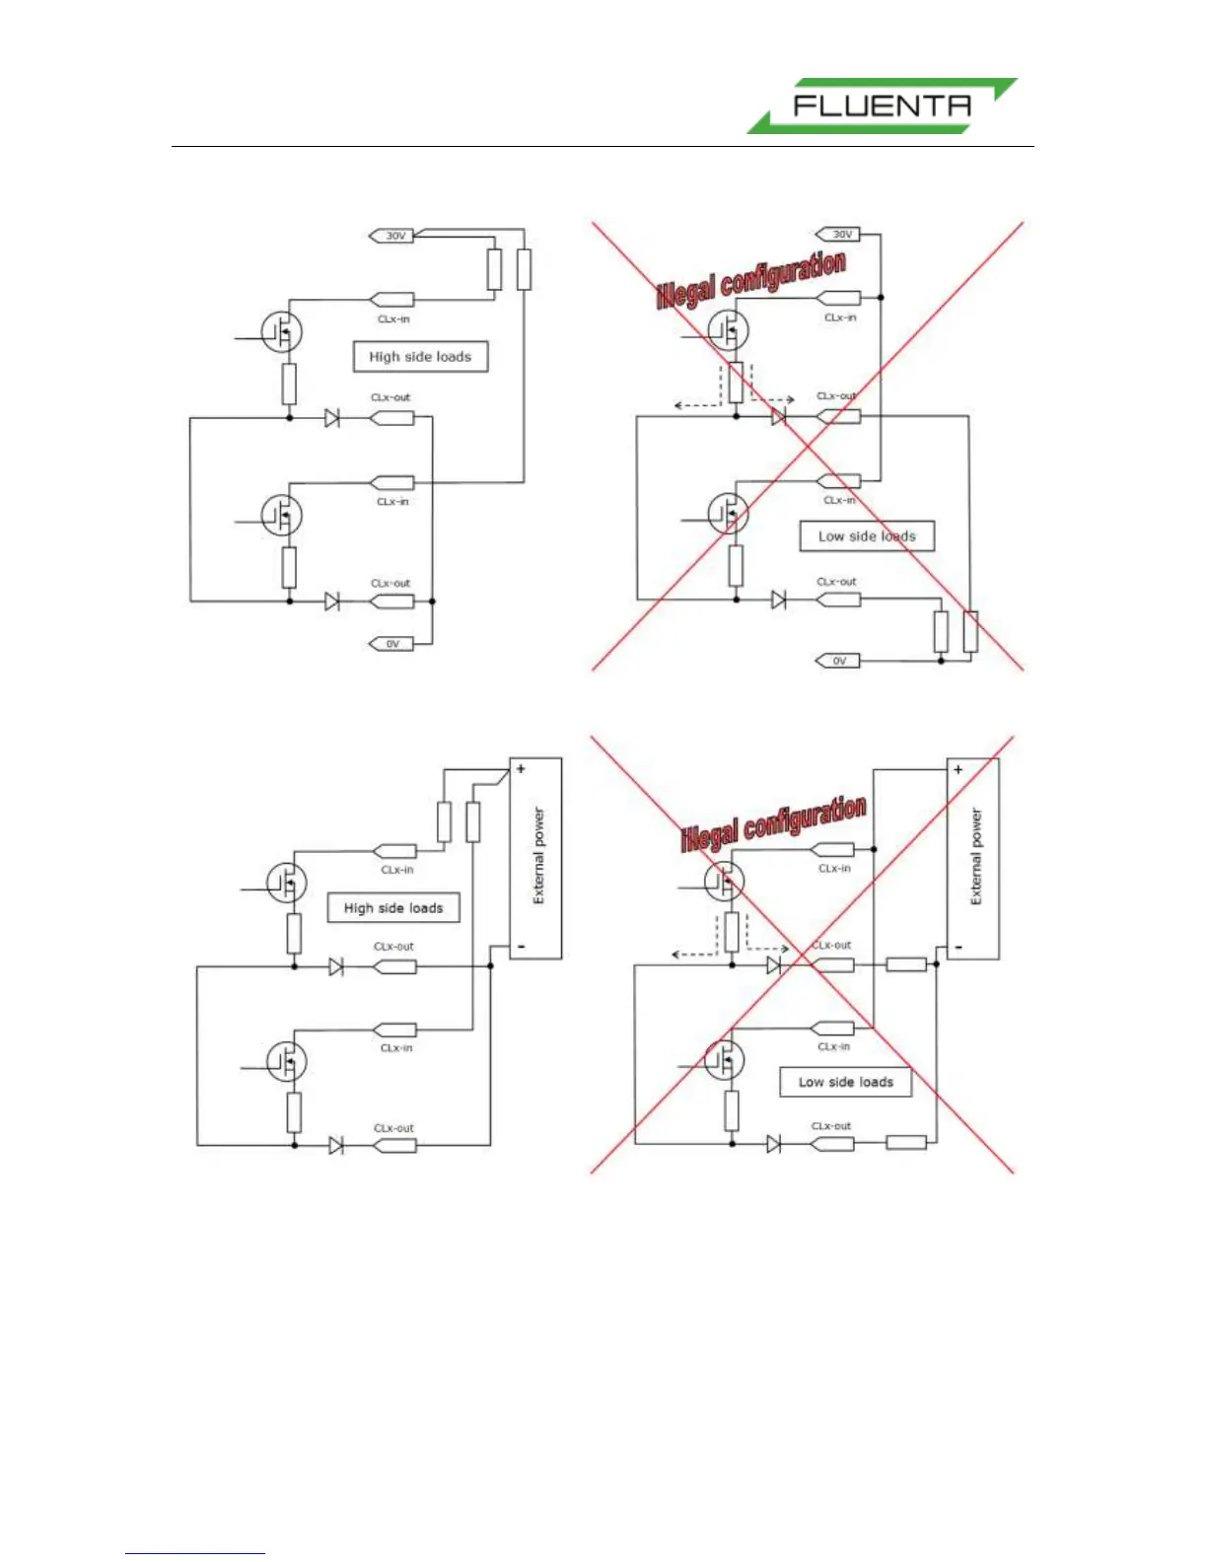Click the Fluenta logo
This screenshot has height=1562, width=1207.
coord(881,106)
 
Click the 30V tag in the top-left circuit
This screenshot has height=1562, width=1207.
coord(392,236)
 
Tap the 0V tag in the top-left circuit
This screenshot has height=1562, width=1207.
coord(391,644)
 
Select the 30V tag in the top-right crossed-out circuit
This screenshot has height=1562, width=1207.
coord(839,235)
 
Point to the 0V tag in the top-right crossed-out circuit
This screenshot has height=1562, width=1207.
coord(838,661)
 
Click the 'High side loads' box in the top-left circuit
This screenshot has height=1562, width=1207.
coord(420,357)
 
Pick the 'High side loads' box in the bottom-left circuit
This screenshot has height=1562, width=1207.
coord(393,908)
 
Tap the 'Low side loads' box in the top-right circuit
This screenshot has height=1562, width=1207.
coord(867,536)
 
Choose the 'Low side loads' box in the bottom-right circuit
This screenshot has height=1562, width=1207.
coord(845,1082)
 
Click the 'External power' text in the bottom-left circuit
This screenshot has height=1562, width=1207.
coord(538,856)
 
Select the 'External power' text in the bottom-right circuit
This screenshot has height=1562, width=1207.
coord(976,856)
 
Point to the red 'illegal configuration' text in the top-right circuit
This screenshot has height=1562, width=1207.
coord(751,279)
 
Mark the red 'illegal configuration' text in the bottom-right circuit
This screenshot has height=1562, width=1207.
coord(774,823)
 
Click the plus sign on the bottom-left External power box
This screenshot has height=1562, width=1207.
coord(521,769)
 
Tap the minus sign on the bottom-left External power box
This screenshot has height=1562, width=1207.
coord(521,947)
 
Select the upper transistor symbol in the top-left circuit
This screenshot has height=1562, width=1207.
coord(281,331)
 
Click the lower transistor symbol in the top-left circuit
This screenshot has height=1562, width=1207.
coord(281,514)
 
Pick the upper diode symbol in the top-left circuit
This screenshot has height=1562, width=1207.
coord(332,418)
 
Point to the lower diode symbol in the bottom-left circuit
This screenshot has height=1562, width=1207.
coord(335,1145)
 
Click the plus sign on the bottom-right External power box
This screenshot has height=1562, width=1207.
coord(958,769)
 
